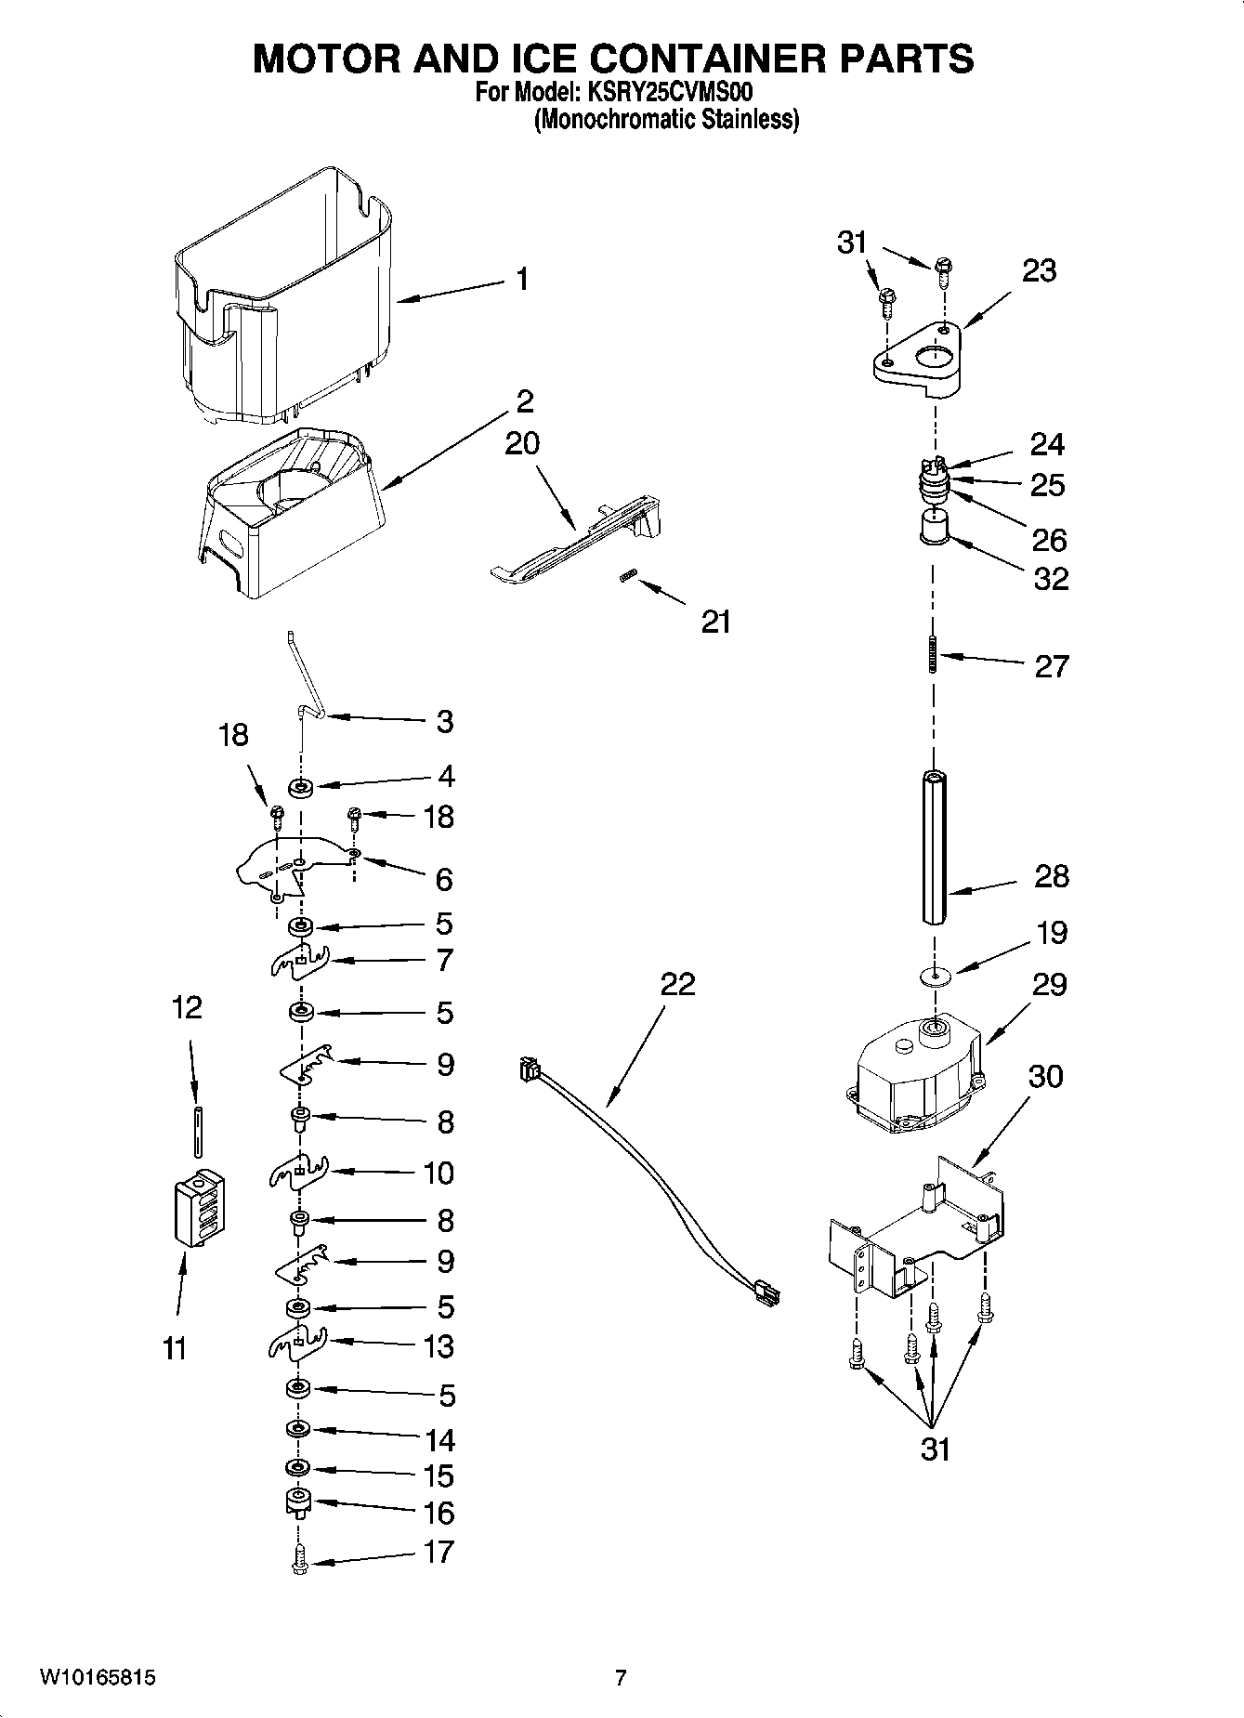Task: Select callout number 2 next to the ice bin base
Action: (525, 402)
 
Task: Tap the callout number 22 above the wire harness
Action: (677, 984)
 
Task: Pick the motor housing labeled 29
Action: (915, 1073)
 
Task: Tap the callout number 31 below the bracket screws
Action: (936, 1449)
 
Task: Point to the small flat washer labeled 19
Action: (934, 975)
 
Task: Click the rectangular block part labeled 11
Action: (200, 1207)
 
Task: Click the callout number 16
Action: (439, 1513)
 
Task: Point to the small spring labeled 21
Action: (627, 578)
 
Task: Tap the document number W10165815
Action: (98, 1677)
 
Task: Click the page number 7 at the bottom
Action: (621, 1677)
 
